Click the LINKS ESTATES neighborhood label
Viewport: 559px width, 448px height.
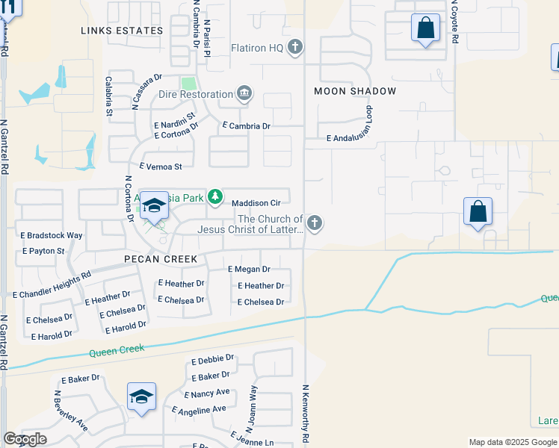[x=122, y=31]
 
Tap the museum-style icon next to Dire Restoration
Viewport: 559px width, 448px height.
[x=244, y=94]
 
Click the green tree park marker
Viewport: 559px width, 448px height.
[x=215, y=196]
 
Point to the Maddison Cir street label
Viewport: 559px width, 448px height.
[x=256, y=202]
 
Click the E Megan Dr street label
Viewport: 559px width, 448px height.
[x=249, y=269]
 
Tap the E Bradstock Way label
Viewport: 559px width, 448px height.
[x=52, y=235]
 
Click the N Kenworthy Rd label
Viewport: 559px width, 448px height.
[x=305, y=411]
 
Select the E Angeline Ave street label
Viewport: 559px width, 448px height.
[x=199, y=409]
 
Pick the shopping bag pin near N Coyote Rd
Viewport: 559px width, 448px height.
[x=425, y=29]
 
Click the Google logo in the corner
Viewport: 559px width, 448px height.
[x=25, y=439]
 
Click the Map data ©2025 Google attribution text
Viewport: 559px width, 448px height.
[x=513, y=442]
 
